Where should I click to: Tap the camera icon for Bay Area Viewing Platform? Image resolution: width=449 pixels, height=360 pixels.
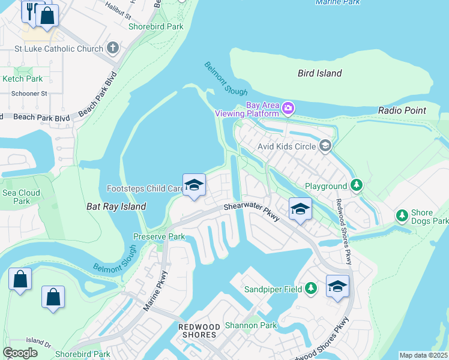tap(289, 108)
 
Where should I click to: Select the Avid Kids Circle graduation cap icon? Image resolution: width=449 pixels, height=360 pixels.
tap(325, 145)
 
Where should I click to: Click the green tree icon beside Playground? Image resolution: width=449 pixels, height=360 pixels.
tap(357, 185)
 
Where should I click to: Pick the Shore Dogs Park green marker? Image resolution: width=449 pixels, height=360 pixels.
tap(402, 215)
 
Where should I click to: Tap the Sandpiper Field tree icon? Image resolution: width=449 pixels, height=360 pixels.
tap(310, 289)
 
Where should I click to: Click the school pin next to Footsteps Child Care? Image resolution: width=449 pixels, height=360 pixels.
tap(194, 186)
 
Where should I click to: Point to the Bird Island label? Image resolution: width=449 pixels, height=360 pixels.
tap(320, 73)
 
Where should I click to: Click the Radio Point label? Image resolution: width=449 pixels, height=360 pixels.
tap(402, 110)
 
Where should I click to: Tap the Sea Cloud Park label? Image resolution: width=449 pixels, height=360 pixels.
tap(21, 197)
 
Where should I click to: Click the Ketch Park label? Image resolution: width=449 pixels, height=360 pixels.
tap(23, 79)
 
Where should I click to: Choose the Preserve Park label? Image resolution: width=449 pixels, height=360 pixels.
tap(159, 236)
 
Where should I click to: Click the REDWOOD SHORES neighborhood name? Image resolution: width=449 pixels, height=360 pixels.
tap(205, 330)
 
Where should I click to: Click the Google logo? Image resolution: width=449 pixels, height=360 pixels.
tap(20, 353)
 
